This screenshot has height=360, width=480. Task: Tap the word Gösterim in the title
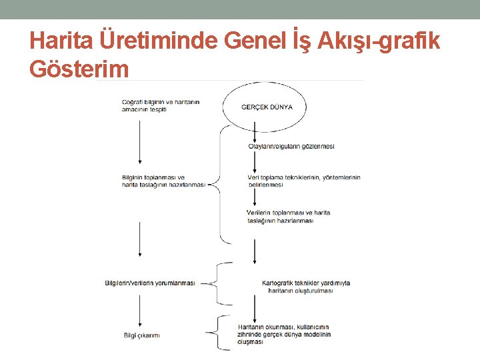(x=79, y=68)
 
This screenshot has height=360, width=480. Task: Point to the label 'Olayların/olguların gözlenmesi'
(x=291, y=147)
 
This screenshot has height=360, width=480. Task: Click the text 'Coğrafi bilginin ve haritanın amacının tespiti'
(x=161, y=105)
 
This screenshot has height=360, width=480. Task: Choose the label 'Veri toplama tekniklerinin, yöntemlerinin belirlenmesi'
(x=303, y=181)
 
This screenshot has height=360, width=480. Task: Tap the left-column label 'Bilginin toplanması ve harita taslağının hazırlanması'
(x=163, y=181)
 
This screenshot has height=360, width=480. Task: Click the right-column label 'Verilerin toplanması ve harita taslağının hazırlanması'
(x=288, y=216)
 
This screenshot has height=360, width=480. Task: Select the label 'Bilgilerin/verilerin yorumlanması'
(x=150, y=283)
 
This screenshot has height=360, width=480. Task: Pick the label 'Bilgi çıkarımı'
(x=141, y=335)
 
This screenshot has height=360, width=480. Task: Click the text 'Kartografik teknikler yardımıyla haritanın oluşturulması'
(x=306, y=287)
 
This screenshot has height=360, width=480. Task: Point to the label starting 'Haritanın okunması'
(x=284, y=334)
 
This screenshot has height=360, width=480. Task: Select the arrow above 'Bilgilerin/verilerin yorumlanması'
(x=140, y=239)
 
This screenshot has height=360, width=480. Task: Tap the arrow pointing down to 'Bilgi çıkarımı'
(x=140, y=310)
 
